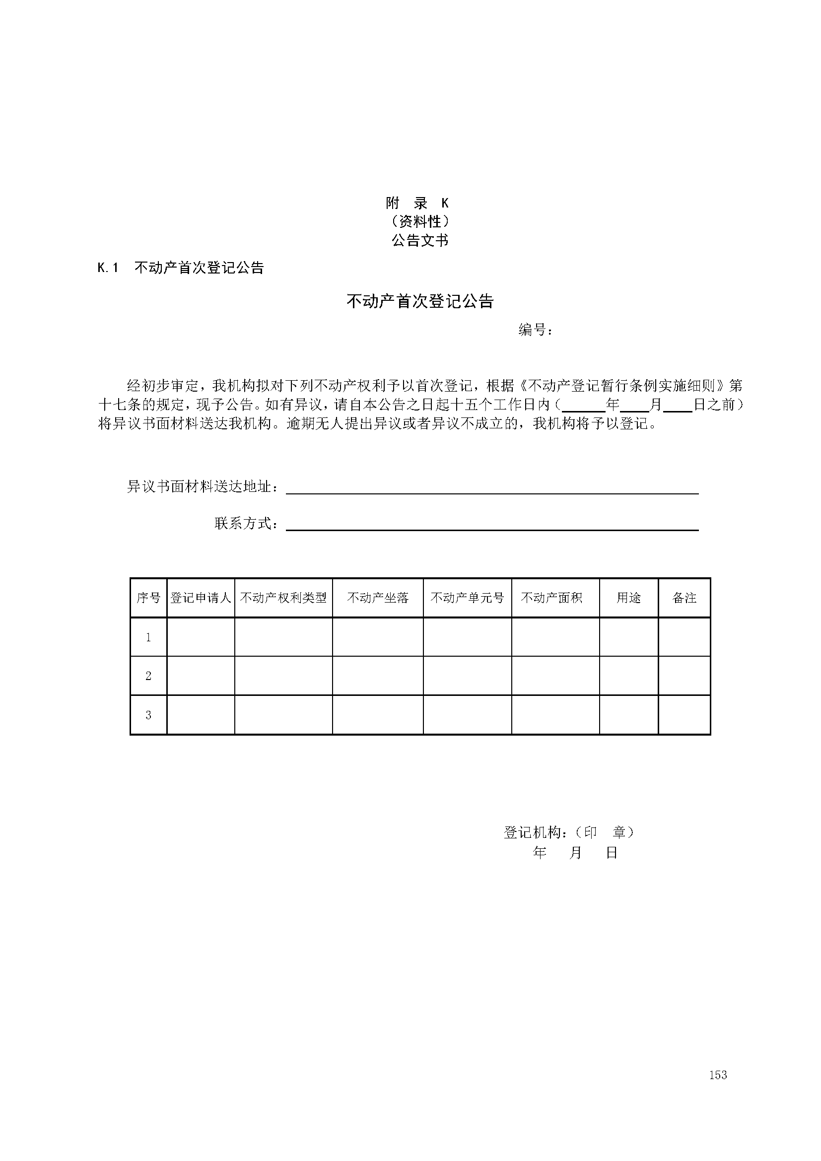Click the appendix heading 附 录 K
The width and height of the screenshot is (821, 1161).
[x=417, y=204]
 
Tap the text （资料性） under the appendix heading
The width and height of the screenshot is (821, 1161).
[x=419, y=221]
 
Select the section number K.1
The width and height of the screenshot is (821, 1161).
[x=108, y=268]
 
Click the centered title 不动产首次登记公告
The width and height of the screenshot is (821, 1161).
[x=419, y=301]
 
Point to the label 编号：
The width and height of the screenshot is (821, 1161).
[x=536, y=330]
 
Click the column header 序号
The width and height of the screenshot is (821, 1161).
[x=148, y=598]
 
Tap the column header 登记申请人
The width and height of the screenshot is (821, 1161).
[x=201, y=598]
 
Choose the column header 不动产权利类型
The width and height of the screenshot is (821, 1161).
[x=283, y=598]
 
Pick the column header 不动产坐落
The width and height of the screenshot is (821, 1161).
[x=378, y=598]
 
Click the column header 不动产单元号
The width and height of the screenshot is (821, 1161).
[x=467, y=598]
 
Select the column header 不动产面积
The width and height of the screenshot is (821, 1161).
[x=551, y=598]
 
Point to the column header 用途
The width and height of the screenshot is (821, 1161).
[x=628, y=598]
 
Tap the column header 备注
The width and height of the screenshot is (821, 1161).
[x=684, y=598]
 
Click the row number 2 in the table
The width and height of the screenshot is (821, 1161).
[x=148, y=676]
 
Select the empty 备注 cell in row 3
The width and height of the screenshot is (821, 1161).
[x=684, y=715]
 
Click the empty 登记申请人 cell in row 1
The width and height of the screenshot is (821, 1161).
[x=201, y=637]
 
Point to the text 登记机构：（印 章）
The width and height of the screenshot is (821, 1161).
[x=569, y=832]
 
